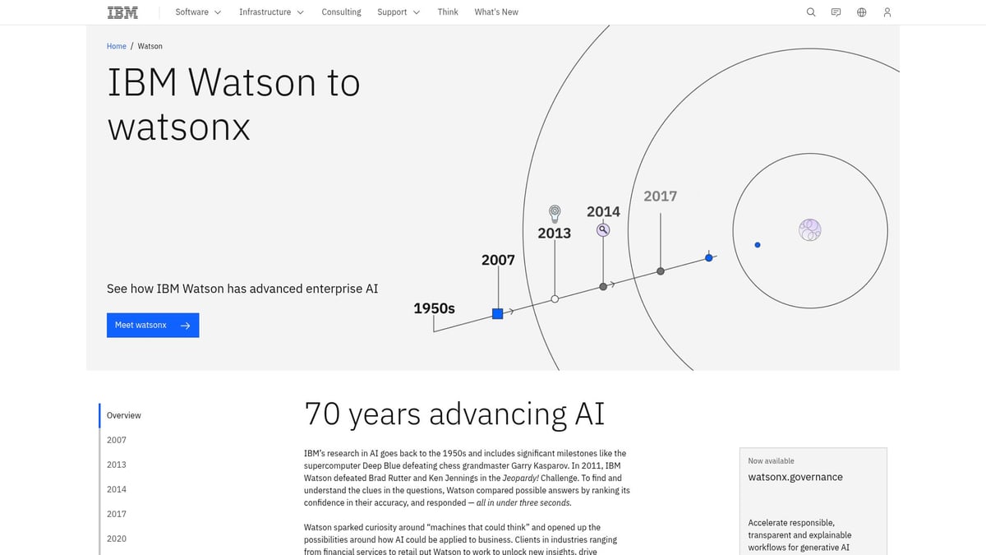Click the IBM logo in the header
122,12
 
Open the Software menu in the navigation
198,12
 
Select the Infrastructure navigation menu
271,12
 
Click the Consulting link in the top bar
341,12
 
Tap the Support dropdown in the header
399,12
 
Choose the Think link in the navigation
448,12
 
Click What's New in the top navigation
496,12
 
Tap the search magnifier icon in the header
811,12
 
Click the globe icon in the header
861,12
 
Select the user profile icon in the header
887,12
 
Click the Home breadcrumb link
117,46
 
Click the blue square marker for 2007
497,313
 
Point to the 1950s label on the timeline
434,308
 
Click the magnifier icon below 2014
603,230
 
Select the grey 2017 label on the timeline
660,196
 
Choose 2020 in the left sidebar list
117,539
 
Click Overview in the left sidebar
124,415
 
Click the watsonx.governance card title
795,477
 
